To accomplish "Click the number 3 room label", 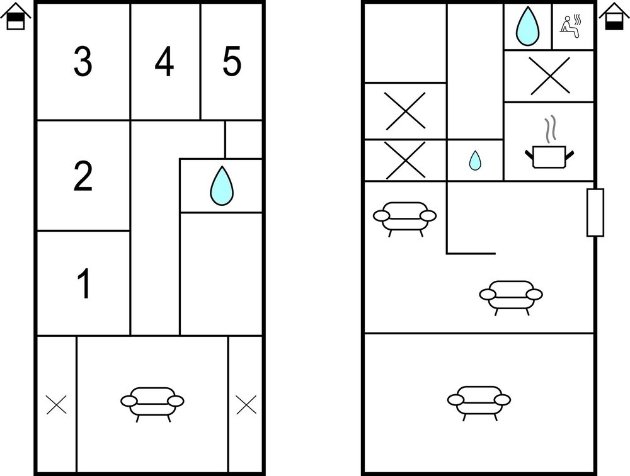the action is (x=83, y=62).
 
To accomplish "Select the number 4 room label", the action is (x=164, y=62).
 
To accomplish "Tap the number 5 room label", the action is (x=232, y=61).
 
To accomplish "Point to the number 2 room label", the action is (x=83, y=176).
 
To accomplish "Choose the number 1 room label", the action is (x=84, y=283).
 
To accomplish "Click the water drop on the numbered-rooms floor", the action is (x=221, y=186).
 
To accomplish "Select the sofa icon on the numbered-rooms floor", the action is (x=152, y=404).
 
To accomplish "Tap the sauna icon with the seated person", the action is (x=571, y=26).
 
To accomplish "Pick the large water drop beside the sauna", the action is (x=527, y=26).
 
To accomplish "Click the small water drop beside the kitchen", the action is (x=475, y=161).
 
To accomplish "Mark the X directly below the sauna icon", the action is (x=549, y=76).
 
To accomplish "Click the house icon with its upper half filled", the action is (x=16, y=16).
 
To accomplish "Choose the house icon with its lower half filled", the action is (x=614, y=16).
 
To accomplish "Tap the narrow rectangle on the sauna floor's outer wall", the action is (x=595, y=212).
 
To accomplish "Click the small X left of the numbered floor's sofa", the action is (x=56, y=404).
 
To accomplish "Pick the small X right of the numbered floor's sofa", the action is (x=246, y=404).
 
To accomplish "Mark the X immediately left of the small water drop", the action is (x=405, y=161).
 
